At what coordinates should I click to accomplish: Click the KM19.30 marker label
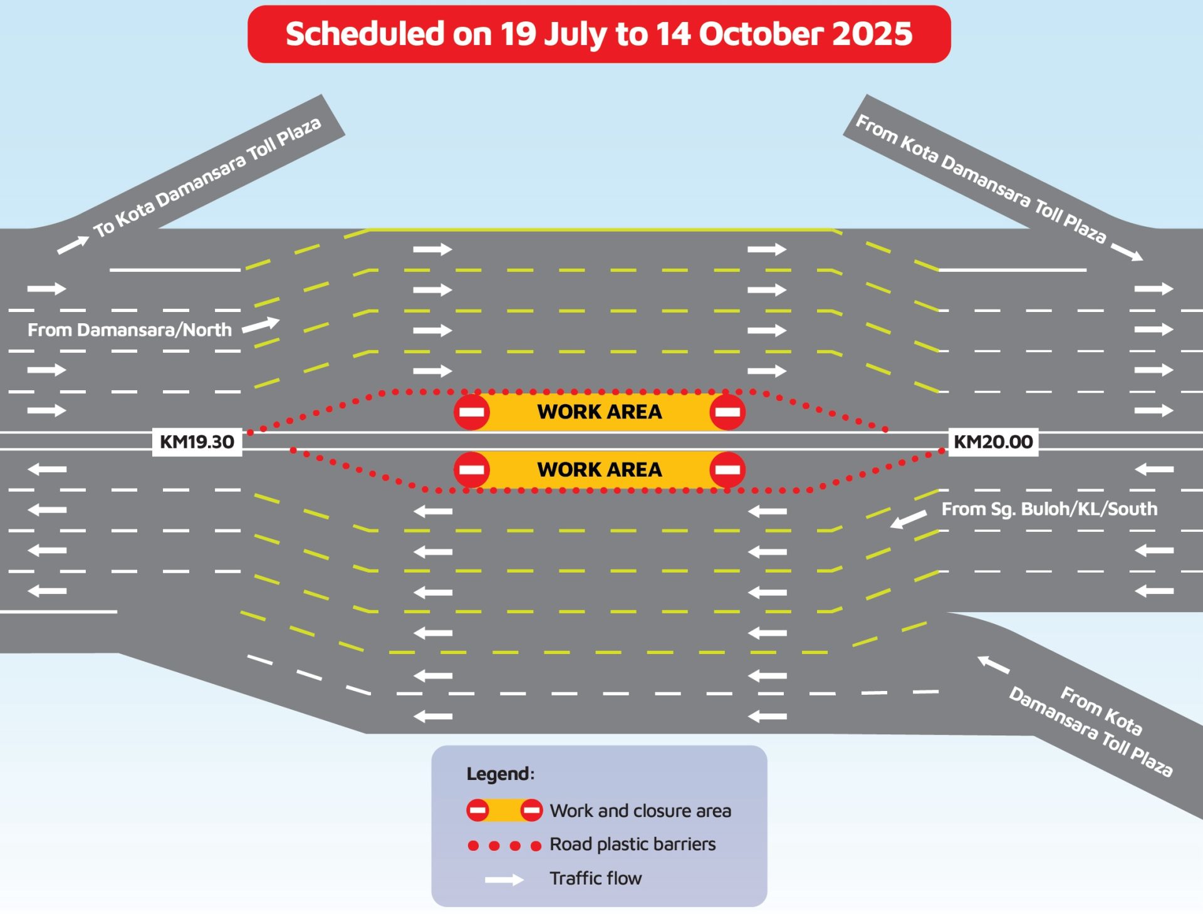(x=197, y=442)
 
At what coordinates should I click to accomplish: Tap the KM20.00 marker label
(x=993, y=442)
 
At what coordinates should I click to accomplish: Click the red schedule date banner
(x=599, y=34)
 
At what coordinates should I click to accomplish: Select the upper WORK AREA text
(x=600, y=412)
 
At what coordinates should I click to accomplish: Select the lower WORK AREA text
(x=600, y=469)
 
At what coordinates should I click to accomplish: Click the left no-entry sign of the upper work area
(x=472, y=412)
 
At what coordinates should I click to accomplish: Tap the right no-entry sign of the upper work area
(x=727, y=412)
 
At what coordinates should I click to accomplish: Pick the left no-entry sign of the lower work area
(x=472, y=470)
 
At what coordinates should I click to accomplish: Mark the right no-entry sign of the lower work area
(x=727, y=470)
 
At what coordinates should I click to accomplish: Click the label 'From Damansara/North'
(x=130, y=330)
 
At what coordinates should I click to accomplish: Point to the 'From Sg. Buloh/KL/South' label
(x=1049, y=509)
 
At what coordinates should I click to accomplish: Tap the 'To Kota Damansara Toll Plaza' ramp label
(x=207, y=177)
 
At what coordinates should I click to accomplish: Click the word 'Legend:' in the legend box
(x=501, y=774)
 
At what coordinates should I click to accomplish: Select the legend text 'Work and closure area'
(x=640, y=811)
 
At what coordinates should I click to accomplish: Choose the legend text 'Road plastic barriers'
(x=633, y=844)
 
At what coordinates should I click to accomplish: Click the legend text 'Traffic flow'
(x=596, y=878)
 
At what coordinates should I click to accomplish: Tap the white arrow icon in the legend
(x=504, y=880)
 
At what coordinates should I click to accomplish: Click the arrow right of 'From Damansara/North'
(x=261, y=325)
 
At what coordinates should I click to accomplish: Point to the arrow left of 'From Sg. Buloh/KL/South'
(x=909, y=519)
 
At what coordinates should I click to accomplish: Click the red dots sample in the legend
(x=504, y=846)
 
